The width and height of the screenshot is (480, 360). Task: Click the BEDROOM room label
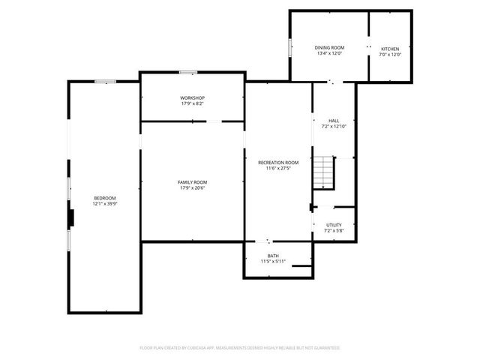tap(104, 198)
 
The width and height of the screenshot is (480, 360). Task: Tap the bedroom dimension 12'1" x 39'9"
tap(104, 204)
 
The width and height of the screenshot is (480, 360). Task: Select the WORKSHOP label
tap(192, 98)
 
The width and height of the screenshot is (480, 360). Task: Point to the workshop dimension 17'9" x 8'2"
tap(192, 104)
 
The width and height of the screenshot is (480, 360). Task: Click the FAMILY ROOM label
tap(192, 182)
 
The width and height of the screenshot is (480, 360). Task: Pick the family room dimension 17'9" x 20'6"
tap(192, 188)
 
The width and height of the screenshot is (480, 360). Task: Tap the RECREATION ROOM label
tap(278, 163)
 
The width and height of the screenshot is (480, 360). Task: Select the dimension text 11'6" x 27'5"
tap(278, 169)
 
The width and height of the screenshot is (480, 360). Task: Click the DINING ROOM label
tap(329, 48)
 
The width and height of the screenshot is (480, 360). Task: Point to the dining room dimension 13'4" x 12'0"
tap(329, 54)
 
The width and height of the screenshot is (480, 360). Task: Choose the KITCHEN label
tap(390, 48)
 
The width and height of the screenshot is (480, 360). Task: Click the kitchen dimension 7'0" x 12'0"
tap(390, 54)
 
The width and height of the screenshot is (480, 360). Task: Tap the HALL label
tap(334, 121)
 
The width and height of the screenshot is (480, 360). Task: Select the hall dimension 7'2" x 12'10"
tap(334, 127)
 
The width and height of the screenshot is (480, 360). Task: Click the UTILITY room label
tap(334, 225)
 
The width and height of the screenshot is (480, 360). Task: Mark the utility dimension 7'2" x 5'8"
tap(334, 231)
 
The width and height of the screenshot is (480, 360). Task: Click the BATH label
tap(273, 256)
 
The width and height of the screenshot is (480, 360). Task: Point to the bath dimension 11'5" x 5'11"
tap(273, 262)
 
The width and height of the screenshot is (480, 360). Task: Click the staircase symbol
tap(322, 173)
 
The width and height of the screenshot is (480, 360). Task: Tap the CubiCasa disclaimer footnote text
tap(240, 348)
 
